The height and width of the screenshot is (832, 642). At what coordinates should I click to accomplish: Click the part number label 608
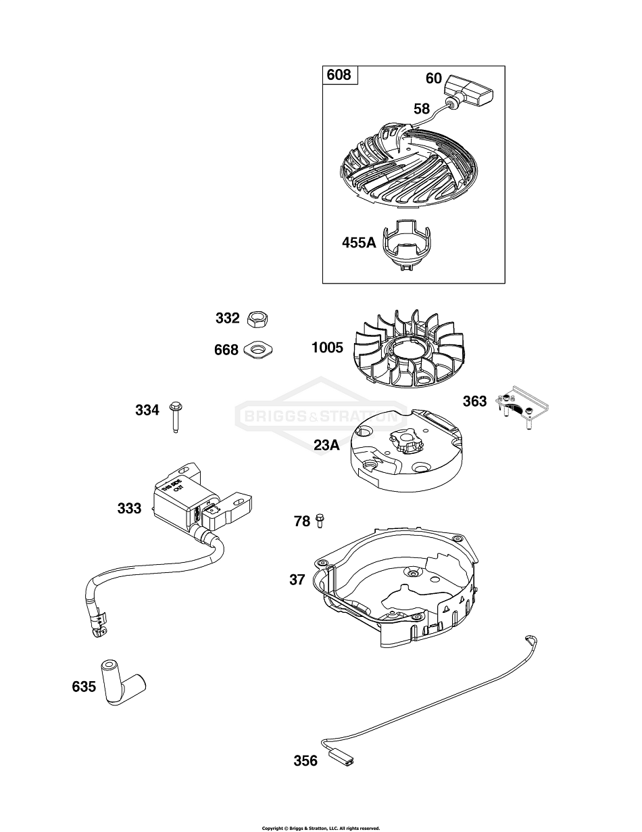click(339, 74)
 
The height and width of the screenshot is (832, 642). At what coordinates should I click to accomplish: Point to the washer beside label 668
click(258, 349)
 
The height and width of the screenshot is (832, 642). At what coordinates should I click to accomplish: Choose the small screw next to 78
click(320, 521)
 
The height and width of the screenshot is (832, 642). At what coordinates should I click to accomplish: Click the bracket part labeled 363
click(524, 408)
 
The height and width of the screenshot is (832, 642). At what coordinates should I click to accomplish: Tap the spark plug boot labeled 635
click(122, 682)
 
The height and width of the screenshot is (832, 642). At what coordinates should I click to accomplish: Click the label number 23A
click(326, 444)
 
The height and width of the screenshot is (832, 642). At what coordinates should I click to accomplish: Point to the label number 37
click(297, 579)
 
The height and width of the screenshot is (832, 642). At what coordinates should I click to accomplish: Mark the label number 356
click(305, 761)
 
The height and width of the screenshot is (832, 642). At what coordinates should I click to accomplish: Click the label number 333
click(129, 508)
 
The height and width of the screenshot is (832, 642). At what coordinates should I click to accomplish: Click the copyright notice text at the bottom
click(321, 827)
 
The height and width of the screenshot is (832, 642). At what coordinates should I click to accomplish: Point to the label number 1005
click(327, 348)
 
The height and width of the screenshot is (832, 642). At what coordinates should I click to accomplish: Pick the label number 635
click(84, 687)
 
